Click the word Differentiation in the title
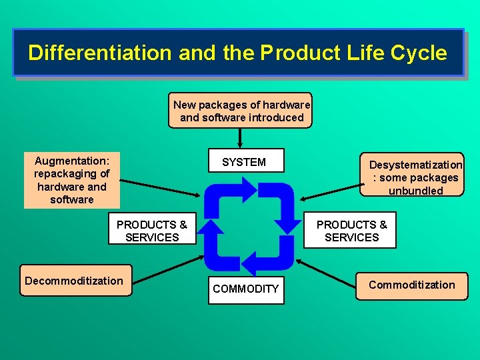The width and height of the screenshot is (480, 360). pyautogui.click(x=100, y=53)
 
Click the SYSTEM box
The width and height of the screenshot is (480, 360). pyautogui.click(x=244, y=161)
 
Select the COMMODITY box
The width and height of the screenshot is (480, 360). pyautogui.click(x=246, y=289)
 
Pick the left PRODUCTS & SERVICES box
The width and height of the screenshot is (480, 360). pyautogui.click(x=153, y=231)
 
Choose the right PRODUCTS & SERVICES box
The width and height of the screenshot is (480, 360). pyautogui.click(x=351, y=231)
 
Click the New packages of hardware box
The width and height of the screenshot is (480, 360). pyautogui.click(x=241, y=111)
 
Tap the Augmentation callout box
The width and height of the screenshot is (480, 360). pyautogui.click(x=72, y=180)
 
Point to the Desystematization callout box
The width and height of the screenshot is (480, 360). pyautogui.click(x=415, y=177)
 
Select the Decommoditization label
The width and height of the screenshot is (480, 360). pyautogui.click(x=74, y=281)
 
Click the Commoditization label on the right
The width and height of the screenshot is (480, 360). pyautogui.click(x=411, y=285)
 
